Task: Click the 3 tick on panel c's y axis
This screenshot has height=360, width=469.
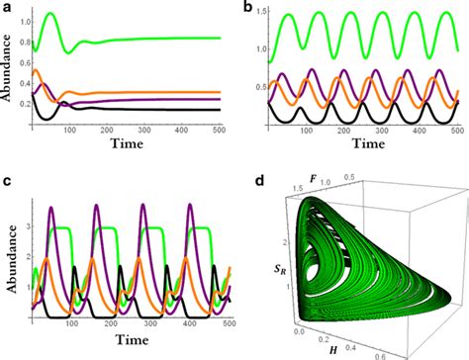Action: [x=26, y=228]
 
